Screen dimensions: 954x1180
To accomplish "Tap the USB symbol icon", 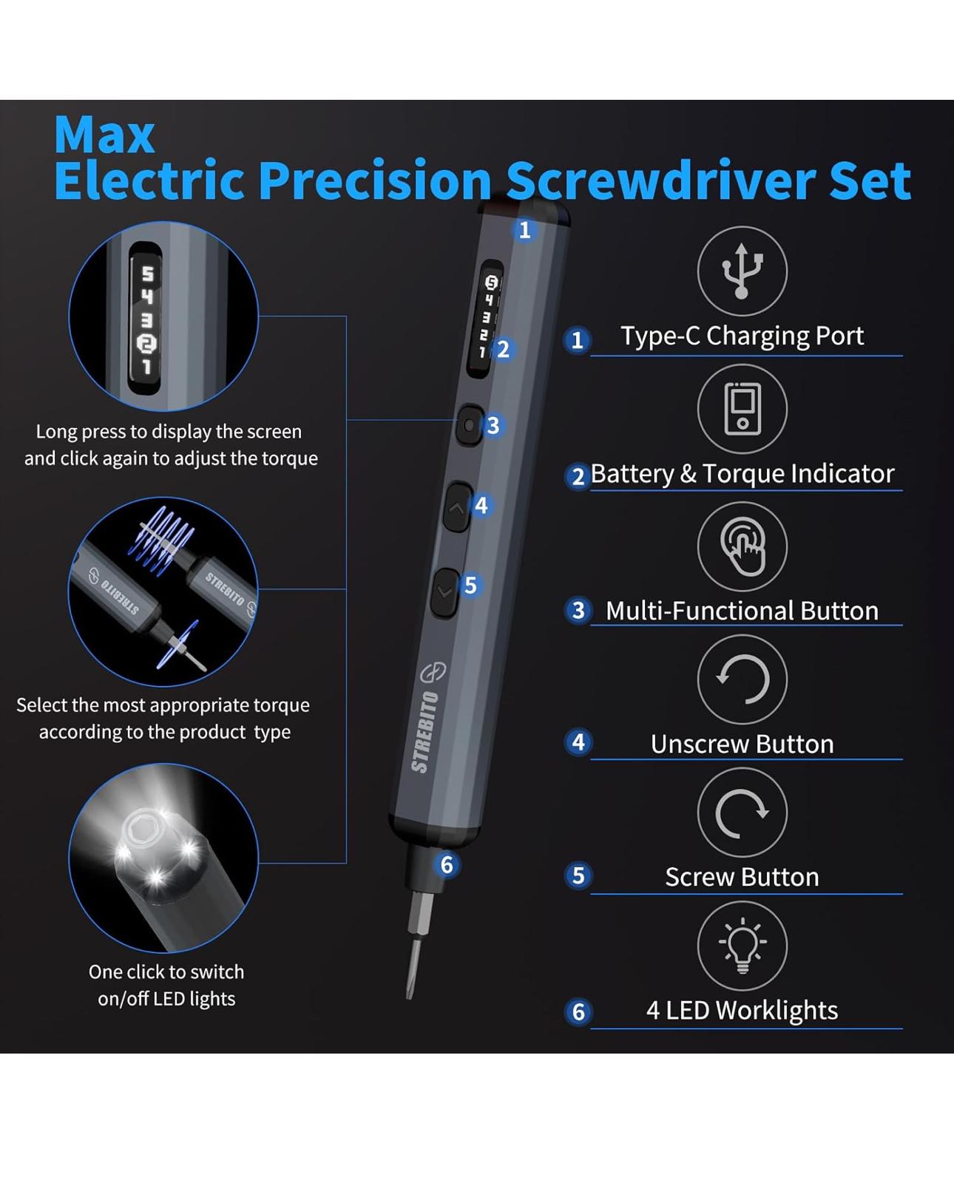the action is pyautogui.click(x=742, y=271).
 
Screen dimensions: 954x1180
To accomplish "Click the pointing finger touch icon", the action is pyautogui.click(x=743, y=546).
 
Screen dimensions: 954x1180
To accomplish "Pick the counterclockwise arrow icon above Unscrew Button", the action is pyautogui.click(x=742, y=679).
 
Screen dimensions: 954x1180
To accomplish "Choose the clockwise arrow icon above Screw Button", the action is pyautogui.click(x=742, y=813).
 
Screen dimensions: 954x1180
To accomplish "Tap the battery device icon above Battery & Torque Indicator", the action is pyautogui.click(x=742, y=409).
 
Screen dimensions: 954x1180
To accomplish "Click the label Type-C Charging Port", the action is pyautogui.click(x=742, y=336).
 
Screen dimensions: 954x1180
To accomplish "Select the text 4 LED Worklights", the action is pyautogui.click(x=742, y=1010).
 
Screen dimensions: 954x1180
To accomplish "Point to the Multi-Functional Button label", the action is pyautogui.click(x=742, y=611).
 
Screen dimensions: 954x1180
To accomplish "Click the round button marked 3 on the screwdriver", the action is pyautogui.click(x=470, y=425).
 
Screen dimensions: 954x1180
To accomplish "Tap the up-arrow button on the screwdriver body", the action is pyautogui.click(x=457, y=508).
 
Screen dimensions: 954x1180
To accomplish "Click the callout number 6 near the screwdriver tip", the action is pyautogui.click(x=447, y=865).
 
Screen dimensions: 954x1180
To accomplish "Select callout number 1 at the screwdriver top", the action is pyautogui.click(x=524, y=229).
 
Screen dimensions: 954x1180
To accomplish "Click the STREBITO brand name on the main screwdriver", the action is pyautogui.click(x=425, y=731).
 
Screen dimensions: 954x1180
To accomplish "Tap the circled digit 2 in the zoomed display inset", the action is pyautogui.click(x=147, y=344).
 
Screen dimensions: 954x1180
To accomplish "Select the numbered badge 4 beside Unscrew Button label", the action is pyautogui.click(x=578, y=742).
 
